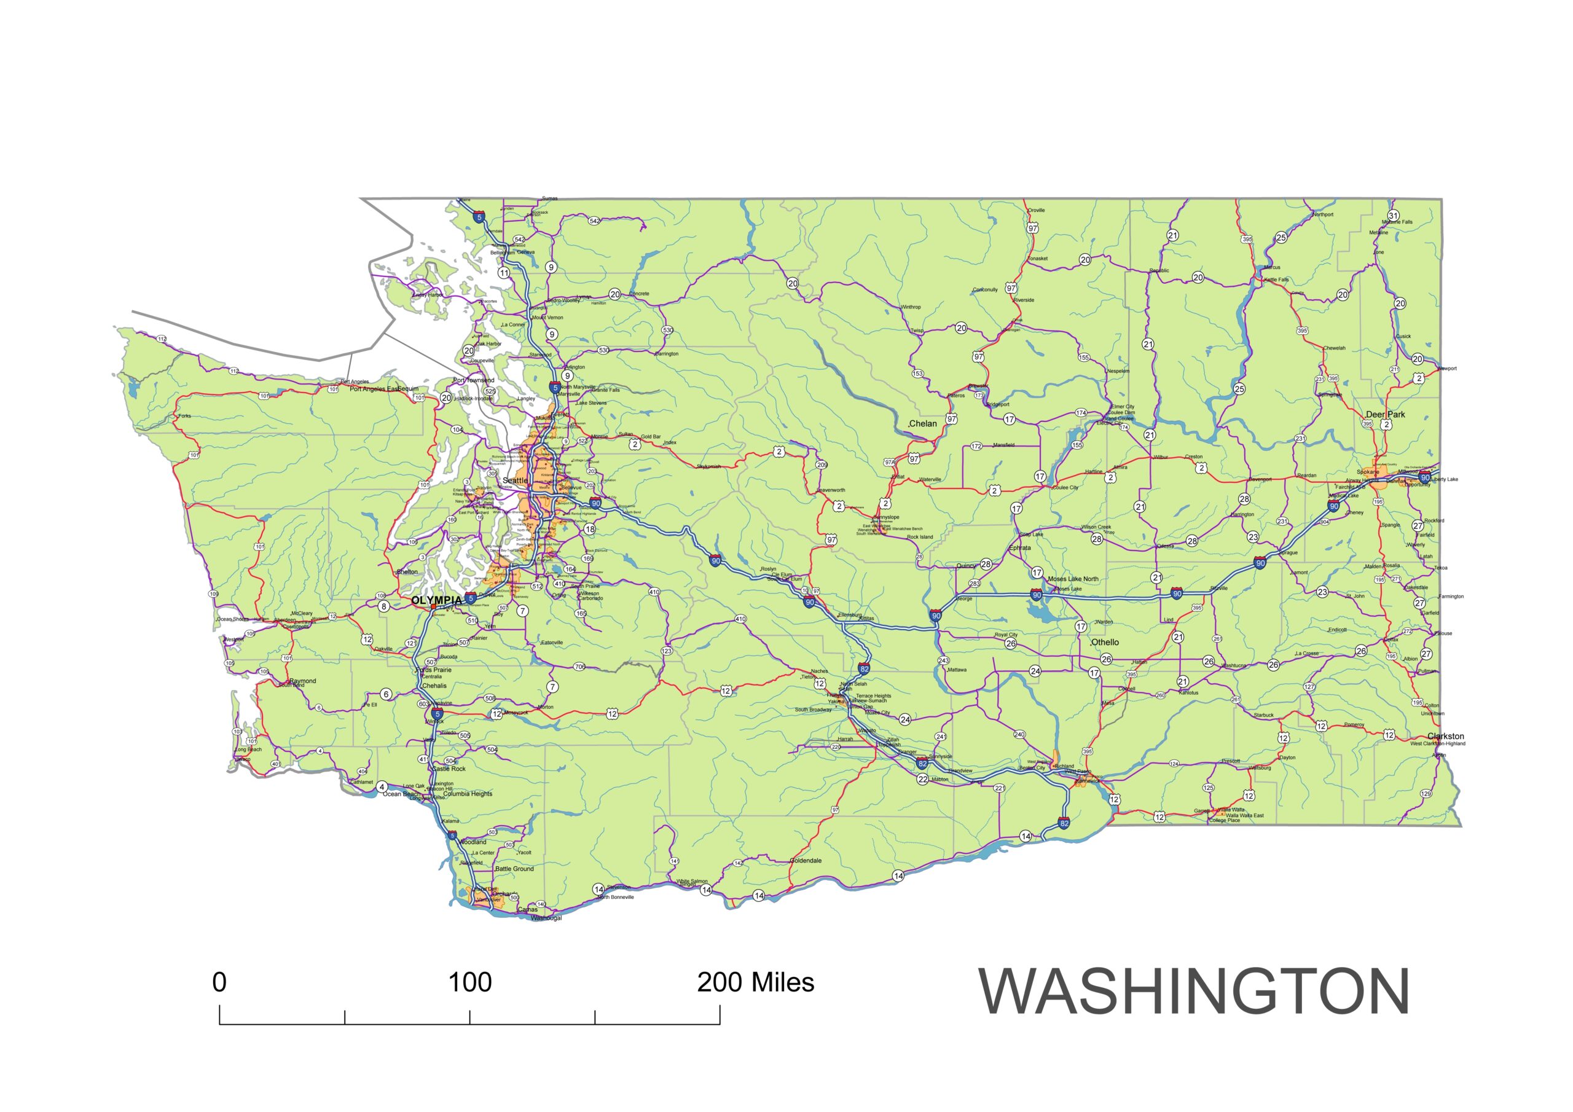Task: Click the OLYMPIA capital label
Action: (x=436, y=600)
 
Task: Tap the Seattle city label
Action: (x=514, y=480)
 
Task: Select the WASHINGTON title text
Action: (x=1193, y=992)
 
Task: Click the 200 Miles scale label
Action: (x=755, y=982)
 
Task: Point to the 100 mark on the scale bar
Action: (x=469, y=982)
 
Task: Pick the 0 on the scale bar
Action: (x=219, y=982)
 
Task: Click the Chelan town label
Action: (x=922, y=423)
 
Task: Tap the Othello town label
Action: (x=1104, y=642)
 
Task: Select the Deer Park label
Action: (x=1384, y=415)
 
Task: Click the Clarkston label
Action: (x=1446, y=736)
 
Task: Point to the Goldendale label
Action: (x=806, y=861)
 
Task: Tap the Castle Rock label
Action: (x=449, y=769)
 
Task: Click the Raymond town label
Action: (x=303, y=681)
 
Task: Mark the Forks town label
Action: (x=185, y=416)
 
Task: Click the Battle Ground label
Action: (x=514, y=869)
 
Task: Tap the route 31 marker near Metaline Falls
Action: (x=1393, y=216)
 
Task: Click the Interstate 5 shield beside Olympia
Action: (x=471, y=598)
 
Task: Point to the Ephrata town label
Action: (x=1020, y=548)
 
